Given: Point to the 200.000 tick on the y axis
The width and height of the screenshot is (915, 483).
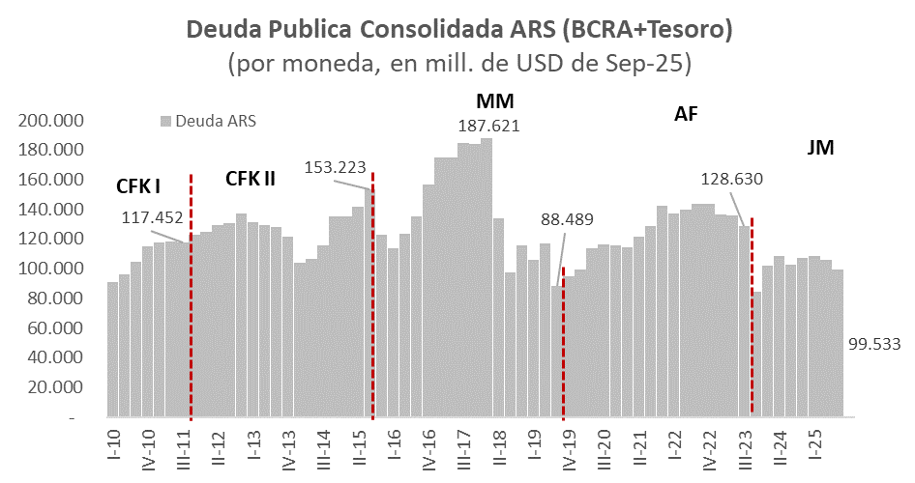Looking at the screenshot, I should (x=51, y=121).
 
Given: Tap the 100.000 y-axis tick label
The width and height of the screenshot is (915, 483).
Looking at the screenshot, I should (x=51, y=269).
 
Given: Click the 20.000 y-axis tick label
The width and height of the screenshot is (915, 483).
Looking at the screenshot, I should (x=55, y=387).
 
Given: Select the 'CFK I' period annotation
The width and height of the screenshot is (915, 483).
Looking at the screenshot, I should (x=138, y=185).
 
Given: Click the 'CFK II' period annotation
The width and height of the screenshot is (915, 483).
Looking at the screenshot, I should (x=251, y=179).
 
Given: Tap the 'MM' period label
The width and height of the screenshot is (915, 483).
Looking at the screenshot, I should (x=495, y=100).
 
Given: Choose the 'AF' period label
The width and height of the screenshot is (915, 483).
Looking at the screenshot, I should (x=686, y=114).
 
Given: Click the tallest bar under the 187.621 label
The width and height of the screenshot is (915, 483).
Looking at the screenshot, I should (x=487, y=280).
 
